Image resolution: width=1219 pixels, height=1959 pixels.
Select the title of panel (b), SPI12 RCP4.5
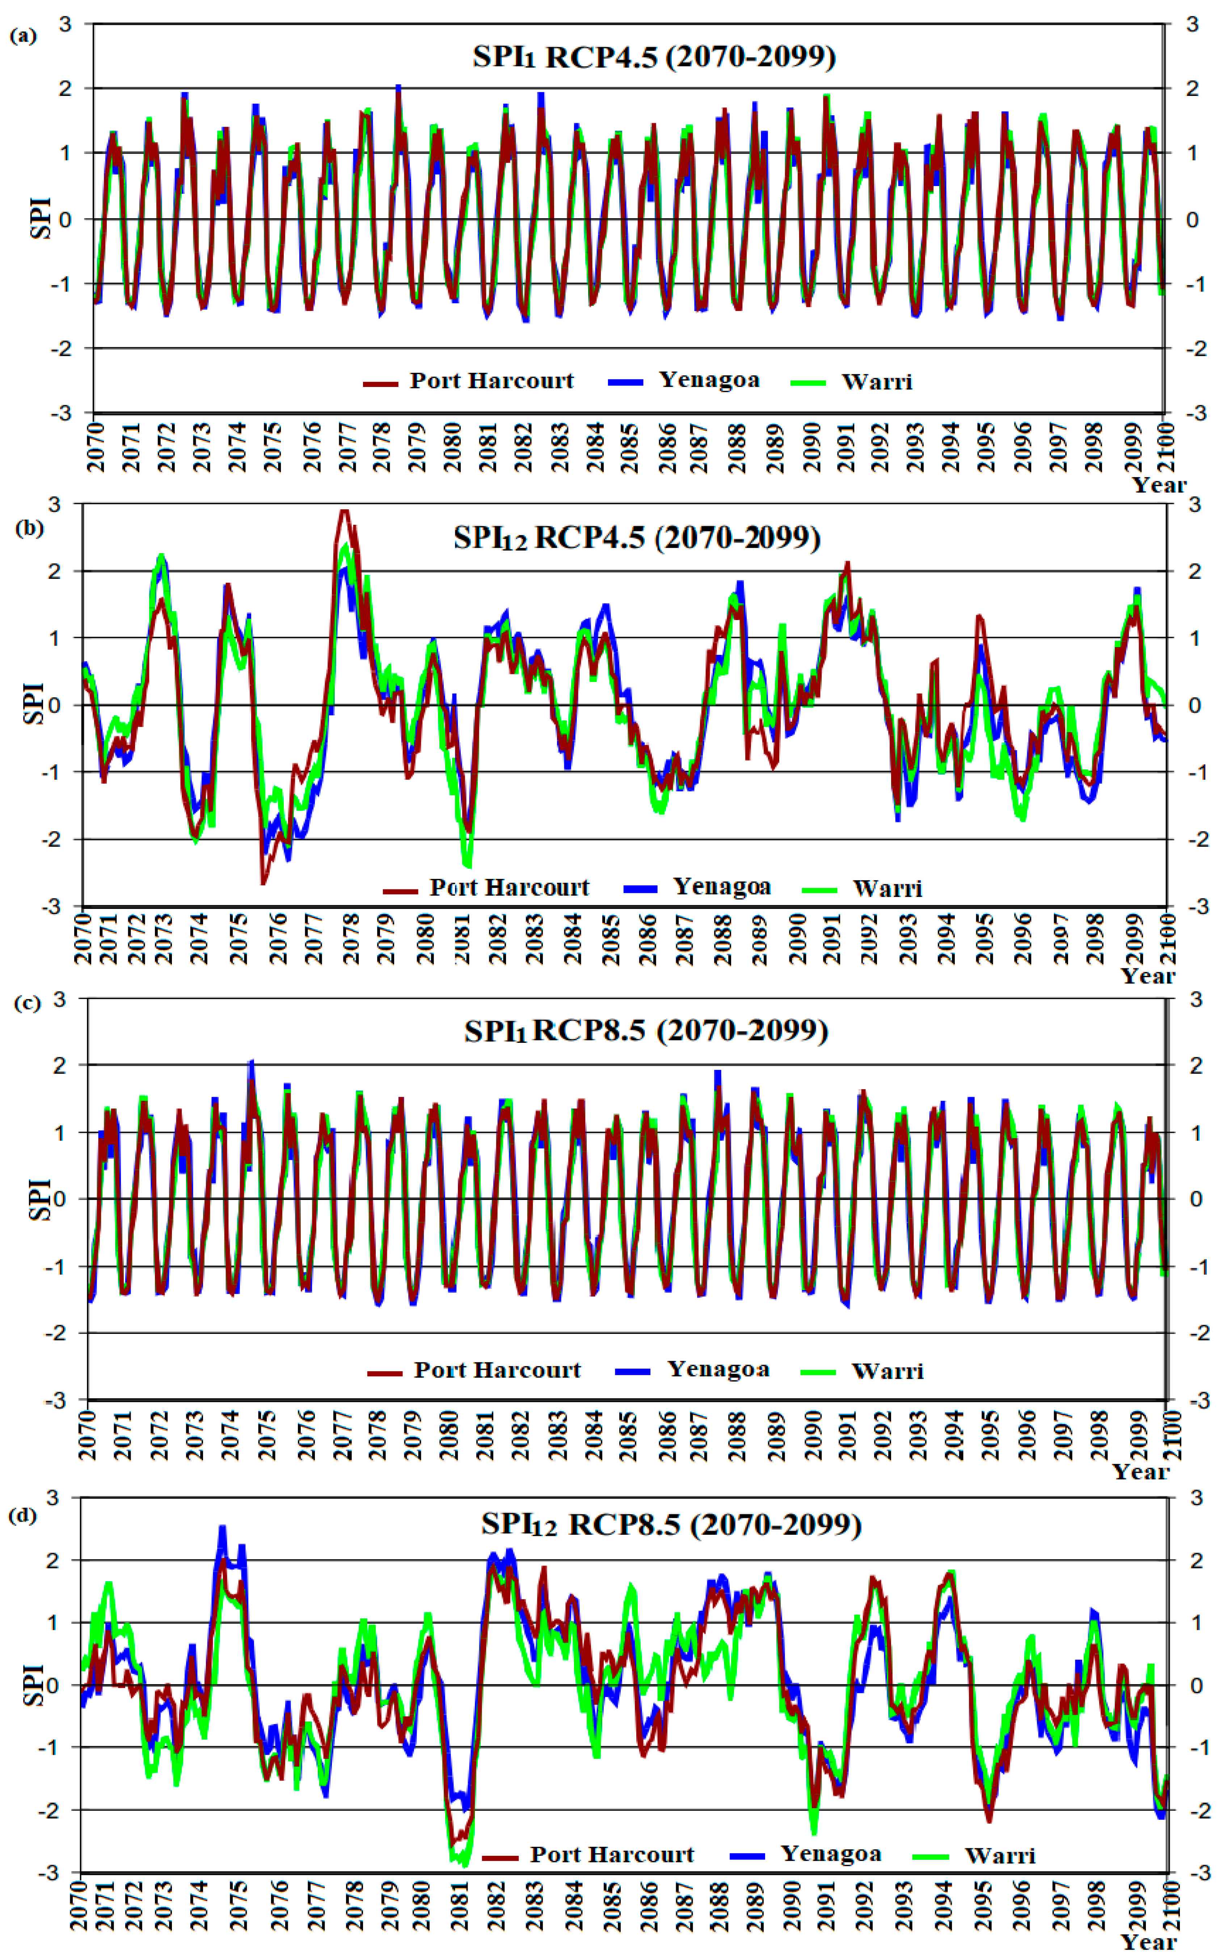point(637,538)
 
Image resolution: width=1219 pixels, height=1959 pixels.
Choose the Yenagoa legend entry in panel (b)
point(722,887)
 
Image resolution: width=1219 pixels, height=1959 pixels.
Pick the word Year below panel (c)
point(1140,1471)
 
